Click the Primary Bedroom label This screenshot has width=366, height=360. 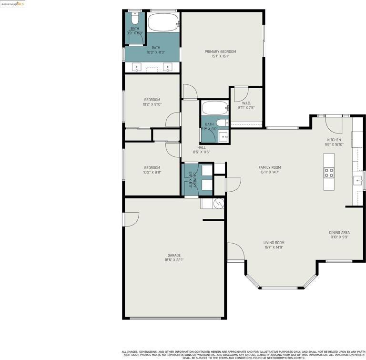tap(220, 51)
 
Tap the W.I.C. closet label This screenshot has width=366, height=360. tap(246, 103)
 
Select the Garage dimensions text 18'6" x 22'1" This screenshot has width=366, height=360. tap(174, 260)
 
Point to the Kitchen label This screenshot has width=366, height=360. tap(334, 140)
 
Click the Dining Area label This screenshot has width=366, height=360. tap(339, 233)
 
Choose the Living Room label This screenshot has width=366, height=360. tap(274, 243)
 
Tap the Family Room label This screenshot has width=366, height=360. tap(270, 167)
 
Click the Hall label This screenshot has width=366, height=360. tap(202, 147)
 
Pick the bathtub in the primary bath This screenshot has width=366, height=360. tap(163, 22)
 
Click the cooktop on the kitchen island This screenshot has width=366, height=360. tap(329, 172)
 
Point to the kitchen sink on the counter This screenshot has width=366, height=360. tap(357, 180)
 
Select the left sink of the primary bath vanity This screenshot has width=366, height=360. tap(137, 67)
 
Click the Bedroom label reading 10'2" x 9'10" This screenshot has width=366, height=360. tap(152, 100)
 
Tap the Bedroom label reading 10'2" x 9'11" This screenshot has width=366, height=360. tap(152, 167)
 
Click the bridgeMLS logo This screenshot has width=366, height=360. tap(12, 4)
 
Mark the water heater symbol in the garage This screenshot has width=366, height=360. tap(218, 204)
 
